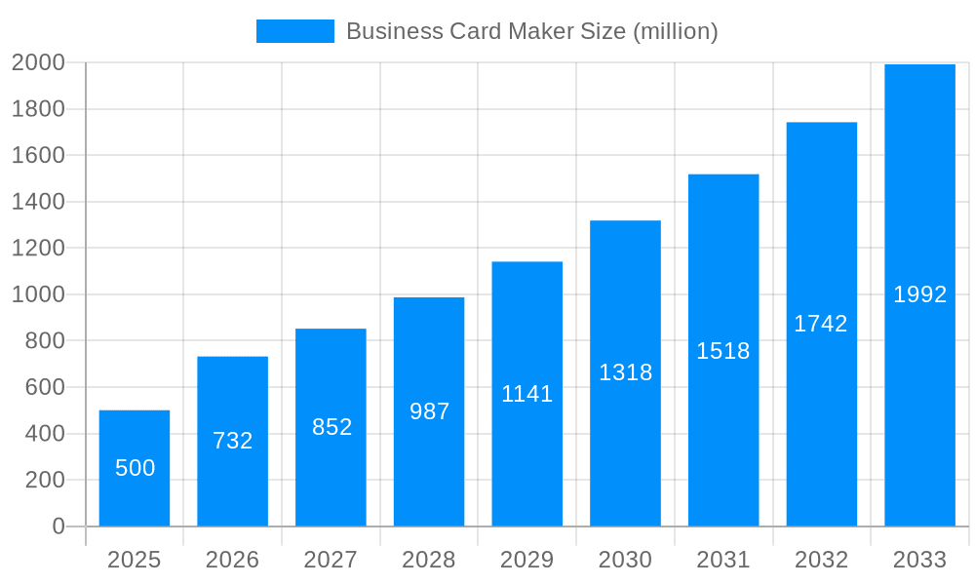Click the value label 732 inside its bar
(233, 441)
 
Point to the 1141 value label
(527, 394)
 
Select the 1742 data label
(821, 324)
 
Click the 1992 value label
(919, 294)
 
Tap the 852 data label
(331, 427)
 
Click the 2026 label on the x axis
(233, 560)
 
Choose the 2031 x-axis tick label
(723, 560)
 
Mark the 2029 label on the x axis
(527, 560)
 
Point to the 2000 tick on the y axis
(38, 62)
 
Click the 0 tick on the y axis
(58, 526)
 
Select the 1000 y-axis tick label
(38, 294)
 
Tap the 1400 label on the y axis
(38, 202)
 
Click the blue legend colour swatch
(294, 31)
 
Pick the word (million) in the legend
(676, 31)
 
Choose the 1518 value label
(723, 351)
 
